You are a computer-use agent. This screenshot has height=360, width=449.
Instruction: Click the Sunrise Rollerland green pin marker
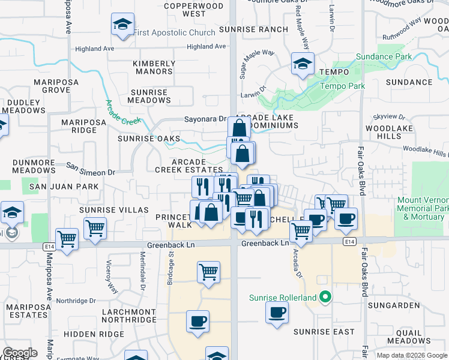pos(325,297)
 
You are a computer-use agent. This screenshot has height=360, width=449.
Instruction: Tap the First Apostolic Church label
pos(173,32)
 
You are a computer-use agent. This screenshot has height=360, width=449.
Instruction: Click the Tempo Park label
pos(342,86)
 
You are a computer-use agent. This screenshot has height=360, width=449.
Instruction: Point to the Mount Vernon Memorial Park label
pos(423,208)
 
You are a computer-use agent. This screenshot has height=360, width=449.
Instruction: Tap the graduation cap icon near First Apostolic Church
pos(122,25)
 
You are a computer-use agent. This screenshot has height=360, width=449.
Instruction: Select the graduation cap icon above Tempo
pos(302,63)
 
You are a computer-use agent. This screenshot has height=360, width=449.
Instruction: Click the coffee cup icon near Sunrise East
pos(277,312)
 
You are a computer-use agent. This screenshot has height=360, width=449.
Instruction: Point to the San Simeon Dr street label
pos(90,169)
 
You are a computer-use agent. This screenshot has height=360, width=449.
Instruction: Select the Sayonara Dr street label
pos(205,119)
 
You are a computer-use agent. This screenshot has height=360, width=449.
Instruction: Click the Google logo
pos(20,353)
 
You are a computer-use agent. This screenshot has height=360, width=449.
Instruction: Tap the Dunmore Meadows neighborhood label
pos(34,166)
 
